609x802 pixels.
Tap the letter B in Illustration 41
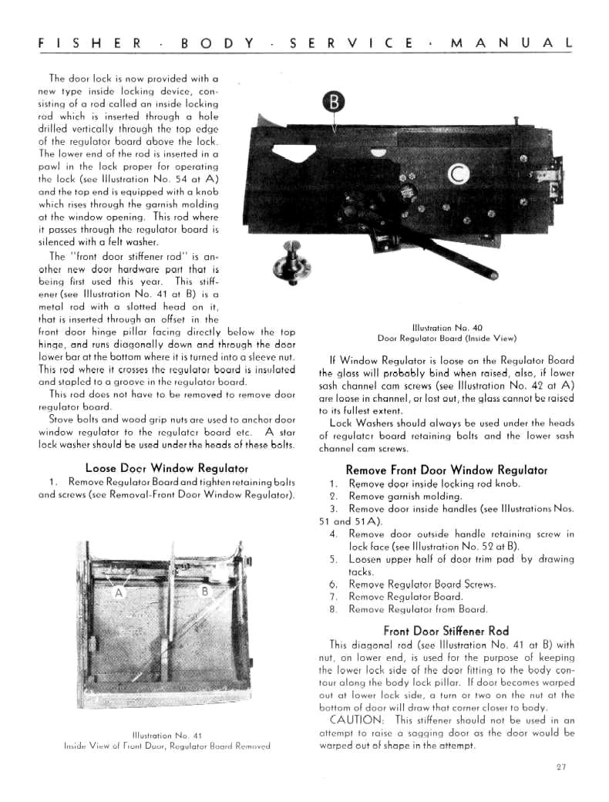tap(205, 591)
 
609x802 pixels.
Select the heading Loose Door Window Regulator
tap(167, 468)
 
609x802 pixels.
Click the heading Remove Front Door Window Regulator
tap(446, 470)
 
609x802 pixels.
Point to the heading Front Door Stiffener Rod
tap(446, 630)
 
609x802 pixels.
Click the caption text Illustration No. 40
tap(446, 328)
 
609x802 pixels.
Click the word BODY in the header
tap(217, 43)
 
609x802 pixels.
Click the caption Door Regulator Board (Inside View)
tap(446, 338)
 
